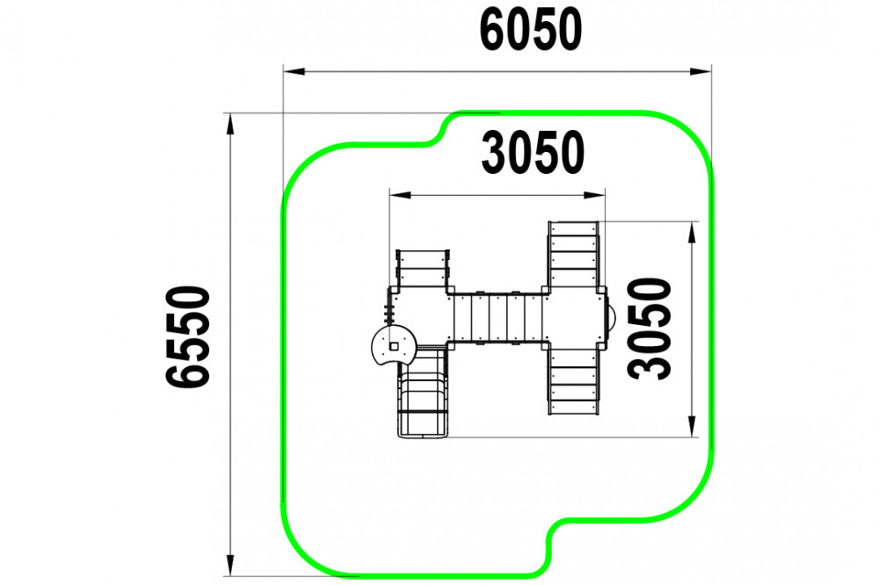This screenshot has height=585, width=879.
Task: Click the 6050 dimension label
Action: pyautogui.click(x=531, y=30)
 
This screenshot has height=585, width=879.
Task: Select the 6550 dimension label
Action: pyautogui.click(x=188, y=336)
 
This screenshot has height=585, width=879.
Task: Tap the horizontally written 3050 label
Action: pyautogui.click(x=533, y=153)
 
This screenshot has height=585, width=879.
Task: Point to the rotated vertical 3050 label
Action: pyautogui.click(x=650, y=329)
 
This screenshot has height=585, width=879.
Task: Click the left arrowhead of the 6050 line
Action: pyautogui.click(x=294, y=71)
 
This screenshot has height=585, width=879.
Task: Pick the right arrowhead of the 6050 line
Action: pyautogui.click(x=701, y=71)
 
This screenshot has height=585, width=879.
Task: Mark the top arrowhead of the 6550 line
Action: pyautogui.click(x=229, y=124)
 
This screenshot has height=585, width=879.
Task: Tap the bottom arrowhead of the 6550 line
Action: pyautogui.click(x=229, y=565)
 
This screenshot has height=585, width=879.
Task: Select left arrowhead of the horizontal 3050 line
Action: pyautogui.click(x=400, y=195)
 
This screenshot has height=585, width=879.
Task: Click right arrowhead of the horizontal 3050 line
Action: pyautogui.click(x=594, y=195)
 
